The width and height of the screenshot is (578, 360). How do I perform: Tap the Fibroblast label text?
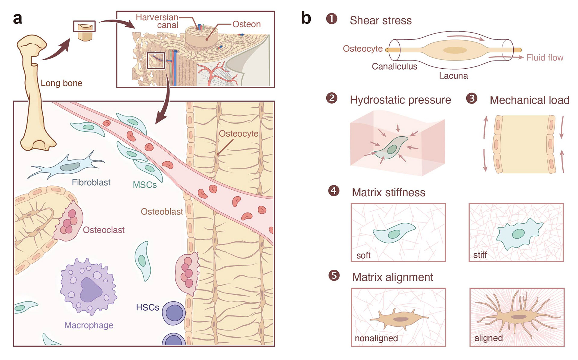[91, 182]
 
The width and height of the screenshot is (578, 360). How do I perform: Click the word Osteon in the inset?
[246, 24]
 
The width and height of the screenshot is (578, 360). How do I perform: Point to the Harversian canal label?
[157, 21]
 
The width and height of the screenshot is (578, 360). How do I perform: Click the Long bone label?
[61, 83]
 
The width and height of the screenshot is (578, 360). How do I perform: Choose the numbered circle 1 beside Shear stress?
[332, 19]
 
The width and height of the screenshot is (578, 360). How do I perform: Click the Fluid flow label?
[545, 57]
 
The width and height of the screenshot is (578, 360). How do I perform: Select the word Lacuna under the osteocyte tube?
[453, 76]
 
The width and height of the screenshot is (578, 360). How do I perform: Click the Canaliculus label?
[394, 66]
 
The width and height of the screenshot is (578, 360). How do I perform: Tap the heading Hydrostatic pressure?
[400, 100]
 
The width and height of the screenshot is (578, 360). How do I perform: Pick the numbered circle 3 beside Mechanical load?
[471, 98]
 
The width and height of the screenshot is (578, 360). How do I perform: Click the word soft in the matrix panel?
[363, 256]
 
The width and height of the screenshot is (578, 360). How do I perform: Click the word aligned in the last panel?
[488, 338]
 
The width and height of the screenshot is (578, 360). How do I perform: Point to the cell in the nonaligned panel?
[397, 319]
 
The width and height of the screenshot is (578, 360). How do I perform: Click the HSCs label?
[147, 307]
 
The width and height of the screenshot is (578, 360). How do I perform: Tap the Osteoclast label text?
[104, 230]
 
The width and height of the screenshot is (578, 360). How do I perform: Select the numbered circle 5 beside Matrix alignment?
[334, 275]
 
